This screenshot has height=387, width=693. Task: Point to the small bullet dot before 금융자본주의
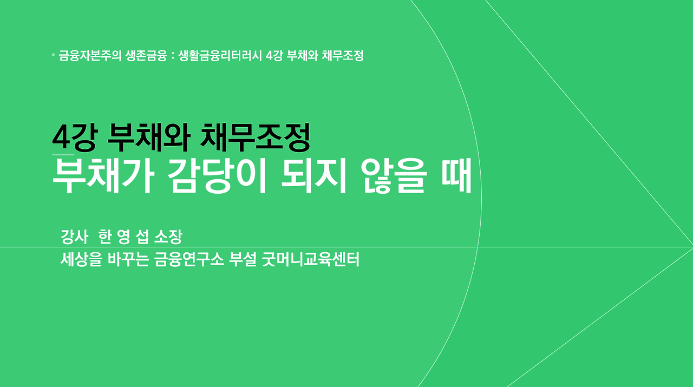coord(53,55)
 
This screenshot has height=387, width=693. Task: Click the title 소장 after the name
coord(168,237)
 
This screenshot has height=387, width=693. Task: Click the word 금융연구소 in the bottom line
coord(189,260)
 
